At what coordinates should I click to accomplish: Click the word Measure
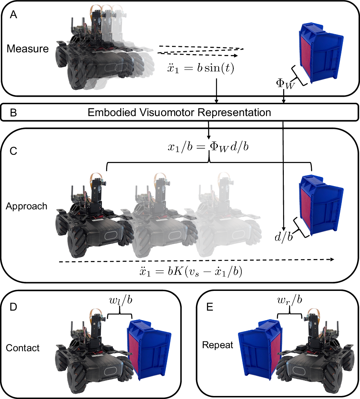point(28,49)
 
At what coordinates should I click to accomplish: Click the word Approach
point(27,206)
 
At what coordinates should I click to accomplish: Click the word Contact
point(23,347)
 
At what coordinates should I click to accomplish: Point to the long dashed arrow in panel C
point(197,260)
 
